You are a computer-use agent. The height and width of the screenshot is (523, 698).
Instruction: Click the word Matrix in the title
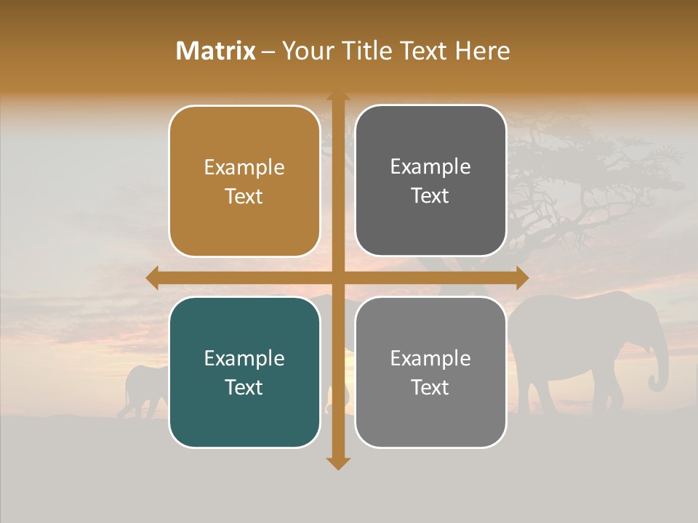(216, 51)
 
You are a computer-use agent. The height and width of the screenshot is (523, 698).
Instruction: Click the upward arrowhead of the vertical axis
(337, 97)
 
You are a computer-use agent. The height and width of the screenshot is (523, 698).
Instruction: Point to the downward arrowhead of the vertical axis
(337, 463)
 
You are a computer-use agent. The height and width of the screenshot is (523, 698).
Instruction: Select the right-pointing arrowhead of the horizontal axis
(521, 277)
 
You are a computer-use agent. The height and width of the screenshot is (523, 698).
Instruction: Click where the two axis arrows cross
(337, 277)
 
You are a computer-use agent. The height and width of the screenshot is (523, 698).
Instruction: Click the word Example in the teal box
(244, 359)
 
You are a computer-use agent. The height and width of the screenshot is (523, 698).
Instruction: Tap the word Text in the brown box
(244, 197)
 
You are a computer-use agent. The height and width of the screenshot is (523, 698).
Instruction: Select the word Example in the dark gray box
(430, 167)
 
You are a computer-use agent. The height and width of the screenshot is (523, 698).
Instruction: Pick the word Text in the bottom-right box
(430, 387)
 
